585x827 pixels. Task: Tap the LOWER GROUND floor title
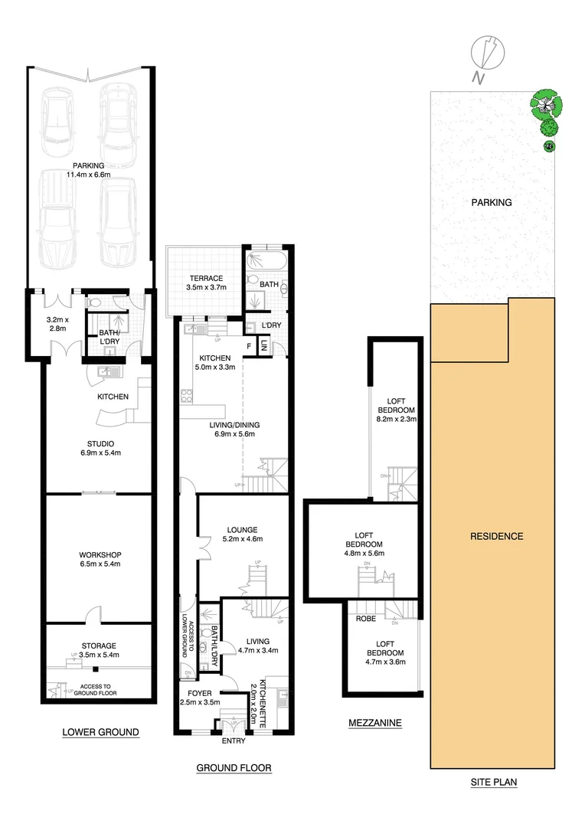point(100,732)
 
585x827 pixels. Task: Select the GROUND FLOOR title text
point(234,767)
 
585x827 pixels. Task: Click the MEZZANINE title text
point(374,722)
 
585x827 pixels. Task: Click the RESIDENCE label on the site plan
point(496,536)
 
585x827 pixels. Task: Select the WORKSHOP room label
point(100,554)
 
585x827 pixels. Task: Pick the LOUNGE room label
point(241,529)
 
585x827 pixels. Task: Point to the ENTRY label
point(234,741)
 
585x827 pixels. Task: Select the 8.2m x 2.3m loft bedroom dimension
point(395,419)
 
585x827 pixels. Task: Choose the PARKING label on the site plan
point(491,203)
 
